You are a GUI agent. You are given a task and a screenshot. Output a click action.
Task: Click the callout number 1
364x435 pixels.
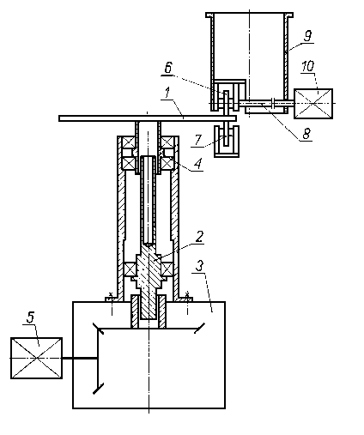tap(167, 94)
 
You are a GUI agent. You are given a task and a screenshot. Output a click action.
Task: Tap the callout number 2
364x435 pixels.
tap(199, 236)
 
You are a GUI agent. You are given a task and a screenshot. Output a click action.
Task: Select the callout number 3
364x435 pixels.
tap(199, 266)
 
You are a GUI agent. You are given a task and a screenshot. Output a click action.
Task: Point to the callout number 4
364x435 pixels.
tap(198, 164)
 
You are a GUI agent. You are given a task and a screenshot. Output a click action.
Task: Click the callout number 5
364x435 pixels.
tap(31, 317)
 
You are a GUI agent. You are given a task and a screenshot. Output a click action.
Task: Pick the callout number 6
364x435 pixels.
tap(168, 68)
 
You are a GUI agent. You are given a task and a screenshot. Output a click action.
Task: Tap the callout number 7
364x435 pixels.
tap(198, 140)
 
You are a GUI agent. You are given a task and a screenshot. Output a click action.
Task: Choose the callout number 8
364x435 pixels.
tap(306, 133)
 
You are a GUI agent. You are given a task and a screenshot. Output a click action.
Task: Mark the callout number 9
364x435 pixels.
tap(307, 36)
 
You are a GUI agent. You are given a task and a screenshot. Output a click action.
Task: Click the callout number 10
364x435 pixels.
tap(308, 66)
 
